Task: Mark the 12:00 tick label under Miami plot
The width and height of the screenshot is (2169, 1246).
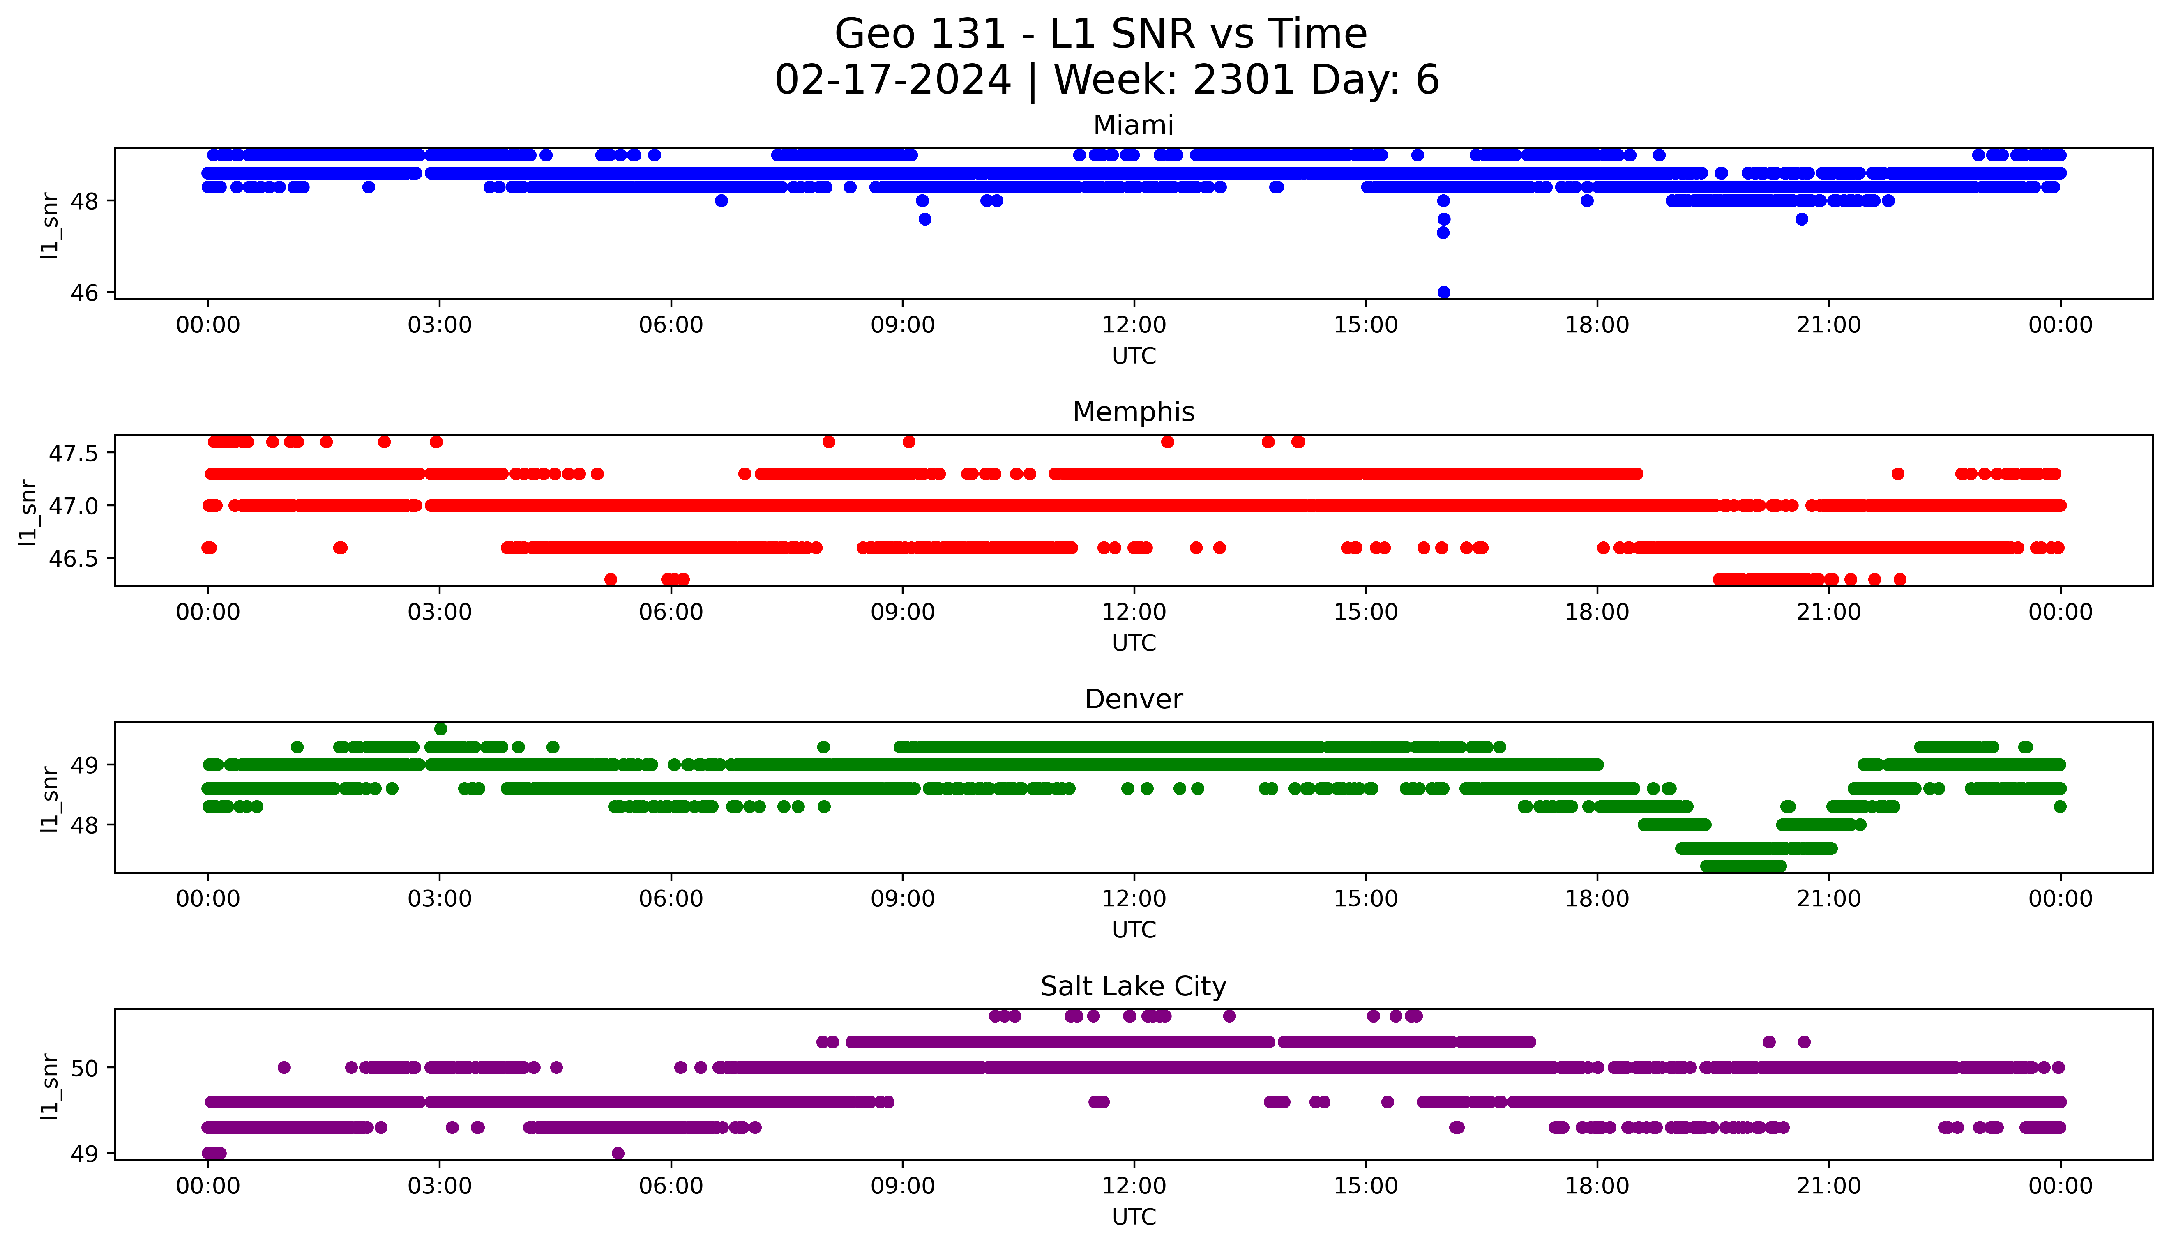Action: [1134, 325]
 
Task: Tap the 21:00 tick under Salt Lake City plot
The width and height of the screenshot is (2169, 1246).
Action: [1828, 1186]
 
